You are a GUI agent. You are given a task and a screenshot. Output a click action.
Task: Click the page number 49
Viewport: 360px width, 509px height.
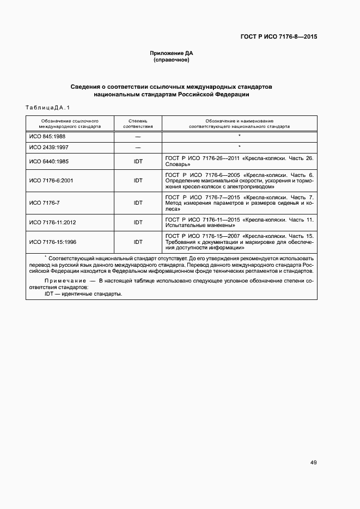pyautogui.click(x=314, y=463)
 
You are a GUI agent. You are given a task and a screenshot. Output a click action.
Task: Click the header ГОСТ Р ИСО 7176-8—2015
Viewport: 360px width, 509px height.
pyautogui.click(x=279, y=37)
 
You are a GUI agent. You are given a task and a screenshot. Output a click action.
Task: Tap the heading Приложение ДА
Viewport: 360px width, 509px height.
pyautogui.click(x=172, y=53)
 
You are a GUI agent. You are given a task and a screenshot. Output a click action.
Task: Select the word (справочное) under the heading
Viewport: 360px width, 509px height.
pyautogui.click(x=172, y=60)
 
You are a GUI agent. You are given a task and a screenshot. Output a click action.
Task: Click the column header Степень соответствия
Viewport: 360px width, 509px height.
pyautogui.click(x=138, y=123)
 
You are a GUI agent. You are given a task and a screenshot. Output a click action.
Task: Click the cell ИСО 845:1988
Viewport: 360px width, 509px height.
pyautogui.click(x=47, y=136)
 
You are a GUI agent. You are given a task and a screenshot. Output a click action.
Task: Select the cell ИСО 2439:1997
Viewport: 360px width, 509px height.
pyautogui.click(x=48, y=148)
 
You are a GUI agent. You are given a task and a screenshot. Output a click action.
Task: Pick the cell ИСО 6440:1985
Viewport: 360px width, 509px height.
pyautogui.click(x=48, y=161)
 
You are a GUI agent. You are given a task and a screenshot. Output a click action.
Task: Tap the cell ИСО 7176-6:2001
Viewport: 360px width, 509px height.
pyautogui.click(x=51, y=181)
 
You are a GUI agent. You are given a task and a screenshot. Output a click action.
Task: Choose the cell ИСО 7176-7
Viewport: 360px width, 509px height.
pyautogui.click(x=44, y=203)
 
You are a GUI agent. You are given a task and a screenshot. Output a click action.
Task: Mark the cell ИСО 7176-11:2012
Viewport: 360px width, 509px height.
pyautogui.click(x=52, y=222)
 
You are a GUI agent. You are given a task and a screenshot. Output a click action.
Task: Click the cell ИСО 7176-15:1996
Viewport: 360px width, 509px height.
pyautogui.click(x=52, y=242)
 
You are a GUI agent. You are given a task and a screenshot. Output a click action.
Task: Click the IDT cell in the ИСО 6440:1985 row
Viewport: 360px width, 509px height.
pyautogui.click(x=138, y=161)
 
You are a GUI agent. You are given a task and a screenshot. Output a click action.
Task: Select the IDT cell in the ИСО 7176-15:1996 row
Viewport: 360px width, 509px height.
pyautogui.click(x=138, y=242)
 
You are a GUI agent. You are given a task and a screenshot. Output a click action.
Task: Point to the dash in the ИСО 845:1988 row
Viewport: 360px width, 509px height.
pyautogui.click(x=138, y=136)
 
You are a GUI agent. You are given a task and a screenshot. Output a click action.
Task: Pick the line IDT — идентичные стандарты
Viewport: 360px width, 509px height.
pyautogui.click(x=83, y=293)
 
